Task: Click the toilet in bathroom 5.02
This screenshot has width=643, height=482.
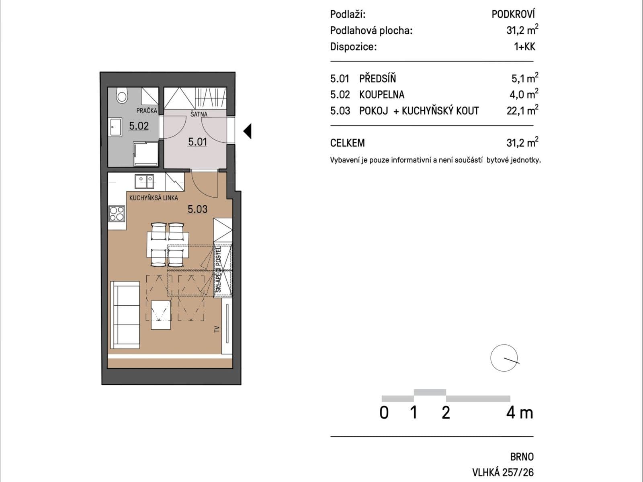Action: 121,96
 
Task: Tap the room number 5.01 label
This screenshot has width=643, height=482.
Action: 197,142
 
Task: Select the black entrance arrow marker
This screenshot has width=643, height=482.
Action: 248,131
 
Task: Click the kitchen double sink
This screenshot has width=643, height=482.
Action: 144,181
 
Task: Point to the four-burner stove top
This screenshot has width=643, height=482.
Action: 117,213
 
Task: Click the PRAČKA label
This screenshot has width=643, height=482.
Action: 146,110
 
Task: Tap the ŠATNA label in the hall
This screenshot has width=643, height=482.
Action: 199,114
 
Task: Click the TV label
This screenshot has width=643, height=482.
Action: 217,329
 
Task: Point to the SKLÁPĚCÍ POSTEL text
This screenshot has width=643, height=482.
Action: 219,270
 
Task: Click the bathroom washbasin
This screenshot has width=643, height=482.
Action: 115,127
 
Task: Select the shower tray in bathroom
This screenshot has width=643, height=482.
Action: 145,154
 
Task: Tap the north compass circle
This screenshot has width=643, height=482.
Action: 504,358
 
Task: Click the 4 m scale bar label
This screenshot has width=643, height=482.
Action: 520,413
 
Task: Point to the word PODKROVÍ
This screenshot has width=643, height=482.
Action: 513,14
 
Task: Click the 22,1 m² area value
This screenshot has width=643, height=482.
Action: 522,110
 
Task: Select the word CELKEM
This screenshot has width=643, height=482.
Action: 348,143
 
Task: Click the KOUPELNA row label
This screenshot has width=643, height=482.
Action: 381,95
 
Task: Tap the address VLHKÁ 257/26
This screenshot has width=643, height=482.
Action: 503,472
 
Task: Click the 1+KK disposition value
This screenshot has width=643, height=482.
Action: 524,47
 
